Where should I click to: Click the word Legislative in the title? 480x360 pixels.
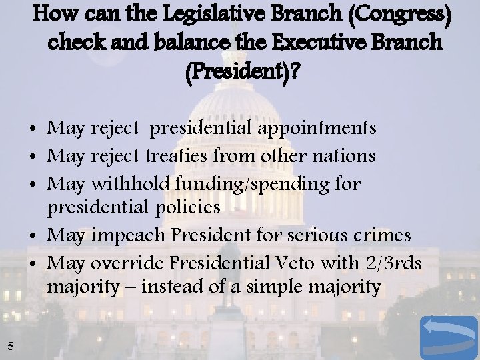pos(204,14)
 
